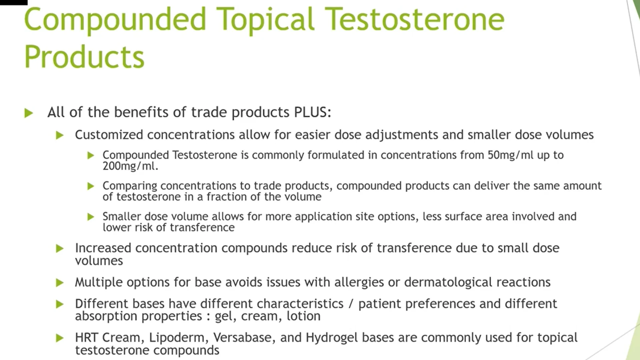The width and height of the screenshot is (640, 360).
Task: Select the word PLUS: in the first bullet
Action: click(x=312, y=112)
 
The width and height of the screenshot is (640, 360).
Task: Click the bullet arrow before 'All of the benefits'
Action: click(x=29, y=113)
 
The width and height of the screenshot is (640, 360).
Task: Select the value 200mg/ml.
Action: click(x=130, y=166)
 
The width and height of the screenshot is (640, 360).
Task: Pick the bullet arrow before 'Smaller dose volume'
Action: click(x=91, y=217)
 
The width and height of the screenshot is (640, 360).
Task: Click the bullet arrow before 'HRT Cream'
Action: click(x=60, y=338)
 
